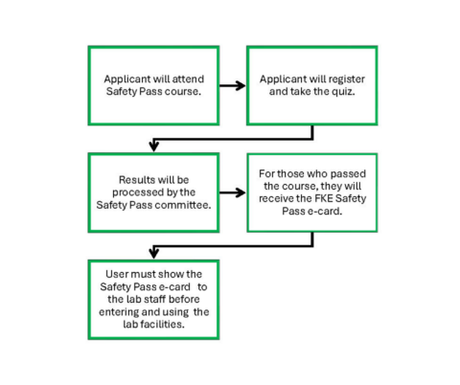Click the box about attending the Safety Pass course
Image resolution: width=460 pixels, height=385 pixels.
[x=153, y=84]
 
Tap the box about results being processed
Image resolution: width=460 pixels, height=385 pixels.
[x=153, y=192]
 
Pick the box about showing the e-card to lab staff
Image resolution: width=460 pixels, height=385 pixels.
[x=153, y=299]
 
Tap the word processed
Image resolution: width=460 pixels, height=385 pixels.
[x=135, y=192]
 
